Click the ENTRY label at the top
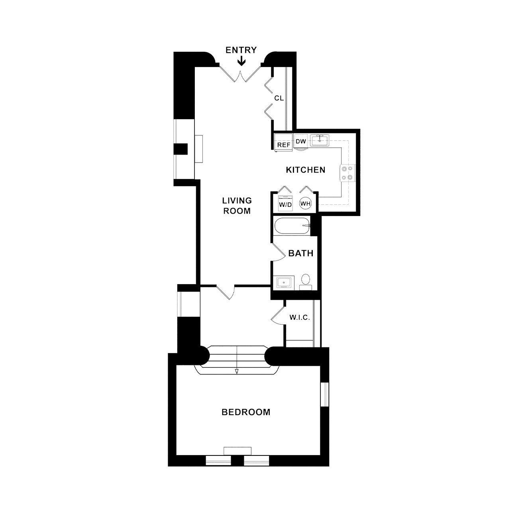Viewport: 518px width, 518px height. coord(241,50)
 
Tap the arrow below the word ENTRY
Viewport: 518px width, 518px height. coord(242,61)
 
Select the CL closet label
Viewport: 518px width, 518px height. coord(279,98)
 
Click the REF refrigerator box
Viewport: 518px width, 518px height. coord(284,142)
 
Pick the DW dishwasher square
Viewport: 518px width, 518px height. coord(301,141)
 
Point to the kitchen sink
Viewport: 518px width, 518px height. coord(319,140)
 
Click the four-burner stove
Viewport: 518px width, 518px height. coord(348,173)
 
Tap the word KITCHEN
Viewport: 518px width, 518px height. coord(305,170)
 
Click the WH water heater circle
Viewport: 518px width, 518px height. coord(305,204)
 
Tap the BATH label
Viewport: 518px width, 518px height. coord(300,253)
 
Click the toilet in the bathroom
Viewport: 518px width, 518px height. coord(305,282)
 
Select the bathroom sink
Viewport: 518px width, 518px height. coord(284,283)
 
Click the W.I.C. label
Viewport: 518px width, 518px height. coord(300,318)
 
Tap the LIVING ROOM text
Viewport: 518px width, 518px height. coord(237,206)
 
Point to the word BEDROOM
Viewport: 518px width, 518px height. coord(246,412)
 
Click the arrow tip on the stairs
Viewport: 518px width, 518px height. coord(237,373)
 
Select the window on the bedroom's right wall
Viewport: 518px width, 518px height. coord(325,394)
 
